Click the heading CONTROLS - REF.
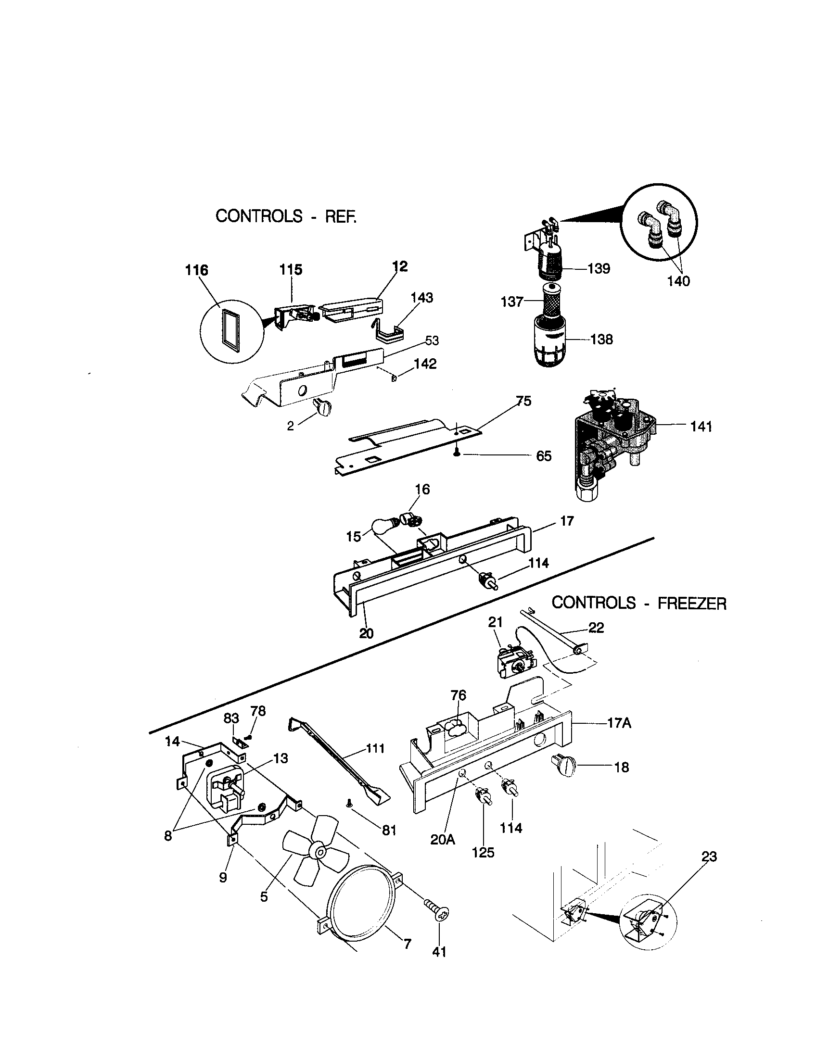[285, 216]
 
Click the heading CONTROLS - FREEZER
[638, 603]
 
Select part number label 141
[701, 427]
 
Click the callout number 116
[197, 270]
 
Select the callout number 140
[678, 281]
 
